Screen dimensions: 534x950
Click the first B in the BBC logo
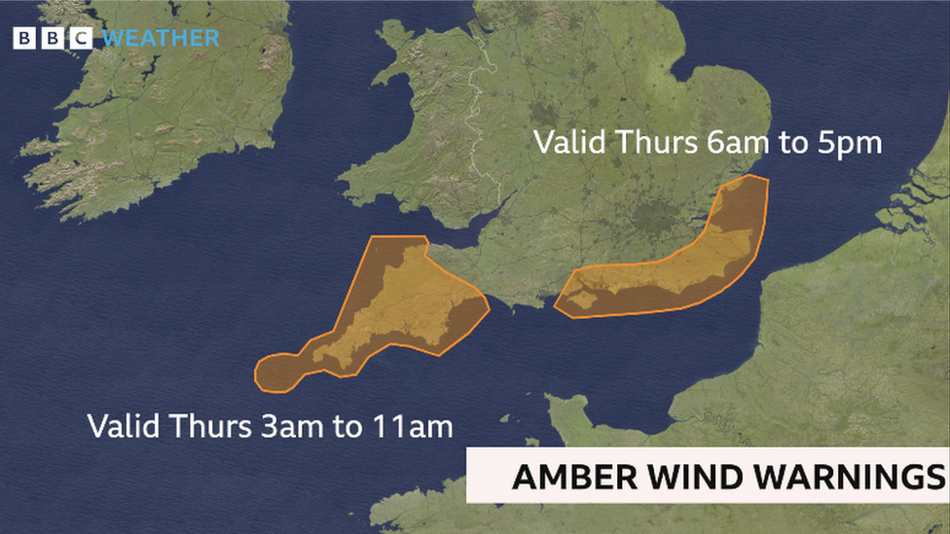(23, 39)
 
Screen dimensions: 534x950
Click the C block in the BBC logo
(80, 39)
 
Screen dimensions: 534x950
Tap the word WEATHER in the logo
(161, 39)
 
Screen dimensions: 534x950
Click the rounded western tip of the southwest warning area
(274, 374)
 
